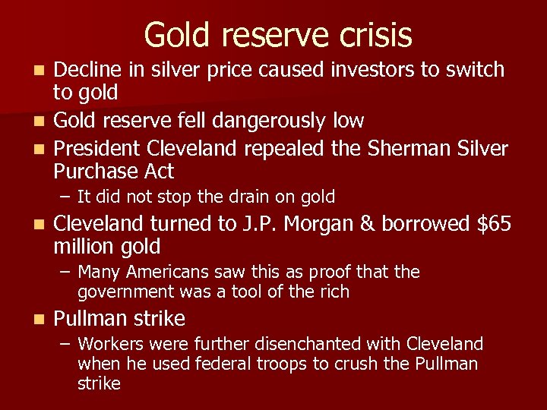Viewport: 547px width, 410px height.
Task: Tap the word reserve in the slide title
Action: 267,35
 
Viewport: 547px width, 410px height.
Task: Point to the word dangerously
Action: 272,120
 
